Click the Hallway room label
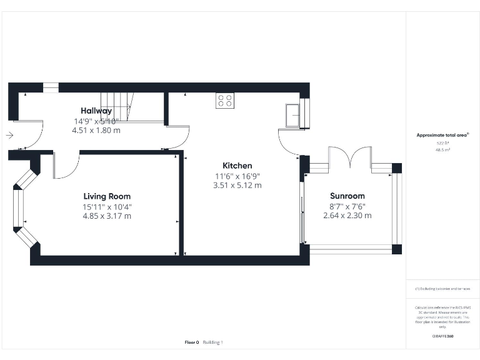[x=93, y=111]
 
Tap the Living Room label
[x=107, y=196]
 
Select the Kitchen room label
[x=237, y=166]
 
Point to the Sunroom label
[x=347, y=196]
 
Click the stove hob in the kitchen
[x=225, y=101]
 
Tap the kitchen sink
[x=292, y=115]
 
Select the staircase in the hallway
[x=116, y=106]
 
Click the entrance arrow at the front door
[x=9, y=134]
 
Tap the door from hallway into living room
[x=66, y=165]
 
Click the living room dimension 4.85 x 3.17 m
[x=107, y=216]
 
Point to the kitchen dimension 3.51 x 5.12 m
[x=237, y=186]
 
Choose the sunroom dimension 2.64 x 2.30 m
[x=347, y=216]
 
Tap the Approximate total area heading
[x=442, y=135]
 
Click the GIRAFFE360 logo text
[x=442, y=337]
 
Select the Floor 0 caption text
[x=191, y=342]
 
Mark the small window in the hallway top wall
[x=51, y=87]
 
